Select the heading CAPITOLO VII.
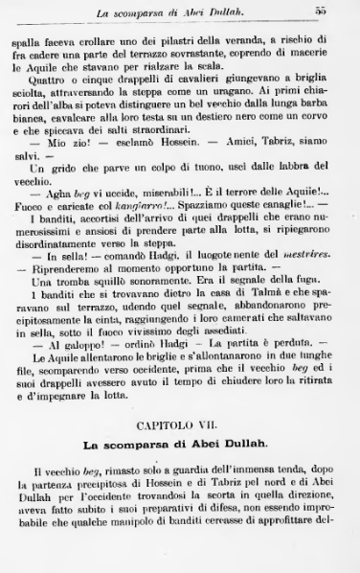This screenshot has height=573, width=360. pyautogui.click(x=179, y=421)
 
